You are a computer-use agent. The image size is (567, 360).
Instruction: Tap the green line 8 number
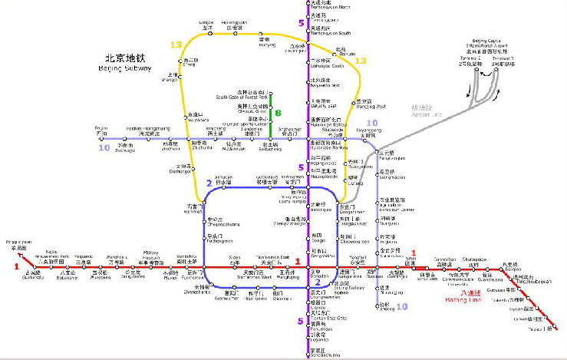[278, 112]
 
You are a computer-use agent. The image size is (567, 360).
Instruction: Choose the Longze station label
[206, 25]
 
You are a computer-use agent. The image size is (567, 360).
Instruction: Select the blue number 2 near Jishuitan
[209, 183]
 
